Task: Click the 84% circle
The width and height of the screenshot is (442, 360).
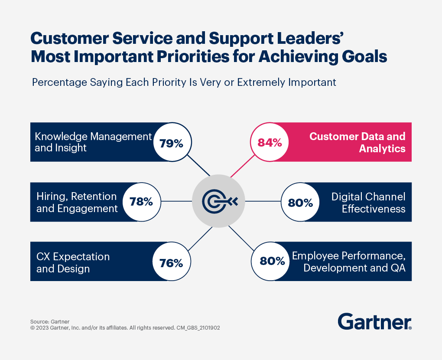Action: pos(270,142)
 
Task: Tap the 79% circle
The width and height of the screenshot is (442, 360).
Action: pos(172,142)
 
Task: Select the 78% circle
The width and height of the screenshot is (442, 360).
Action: pos(141,202)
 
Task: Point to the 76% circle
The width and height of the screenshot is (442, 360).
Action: pos(172,262)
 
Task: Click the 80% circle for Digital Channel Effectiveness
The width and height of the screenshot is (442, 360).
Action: pos(300,202)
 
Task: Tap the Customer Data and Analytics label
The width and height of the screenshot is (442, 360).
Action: pos(357,142)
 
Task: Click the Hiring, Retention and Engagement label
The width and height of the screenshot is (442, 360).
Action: pos(77,202)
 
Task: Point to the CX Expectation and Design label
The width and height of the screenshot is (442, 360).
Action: pos(73,262)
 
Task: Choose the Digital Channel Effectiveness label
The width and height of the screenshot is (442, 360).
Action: pos(368,202)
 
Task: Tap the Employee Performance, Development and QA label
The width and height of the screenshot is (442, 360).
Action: pos(348,262)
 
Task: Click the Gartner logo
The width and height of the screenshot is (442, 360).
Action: pos(374,321)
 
